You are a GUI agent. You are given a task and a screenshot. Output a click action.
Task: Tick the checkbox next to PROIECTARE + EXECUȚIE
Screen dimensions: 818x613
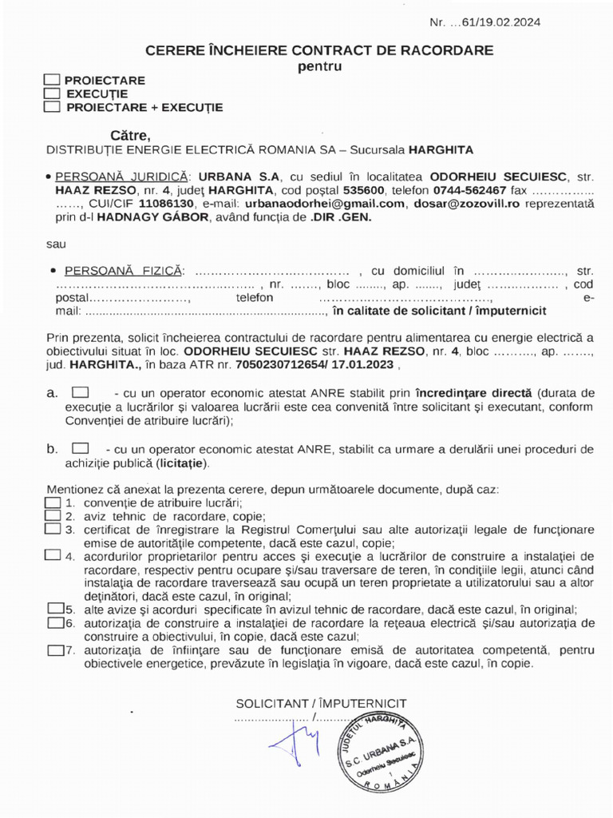pos(53,107)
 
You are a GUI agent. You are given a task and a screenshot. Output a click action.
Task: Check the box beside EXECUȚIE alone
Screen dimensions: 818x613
pos(53,93)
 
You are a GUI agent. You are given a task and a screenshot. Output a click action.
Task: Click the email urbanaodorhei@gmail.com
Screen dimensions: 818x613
pos(314,204)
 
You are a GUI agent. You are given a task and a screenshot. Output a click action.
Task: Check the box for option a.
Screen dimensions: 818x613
pos(81,393)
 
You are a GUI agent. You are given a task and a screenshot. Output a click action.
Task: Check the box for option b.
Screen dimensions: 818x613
pos(81,449)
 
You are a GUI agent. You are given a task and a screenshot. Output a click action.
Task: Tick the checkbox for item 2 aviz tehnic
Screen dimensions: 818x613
pos(53,516)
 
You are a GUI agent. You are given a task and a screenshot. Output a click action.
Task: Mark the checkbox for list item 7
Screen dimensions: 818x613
pos(55,649)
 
